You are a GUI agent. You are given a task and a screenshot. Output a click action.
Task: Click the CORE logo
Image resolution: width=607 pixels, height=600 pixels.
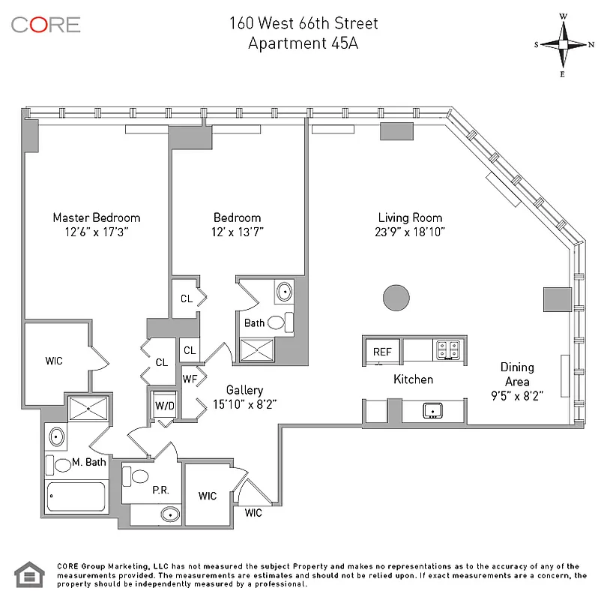(46, 24)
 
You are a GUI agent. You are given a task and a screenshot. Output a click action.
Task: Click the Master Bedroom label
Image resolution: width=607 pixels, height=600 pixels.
(96, 217)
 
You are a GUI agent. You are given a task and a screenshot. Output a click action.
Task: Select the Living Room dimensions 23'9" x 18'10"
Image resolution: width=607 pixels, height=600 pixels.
(411, 232)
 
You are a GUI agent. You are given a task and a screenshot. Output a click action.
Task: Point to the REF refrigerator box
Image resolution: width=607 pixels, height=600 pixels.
(381, 351)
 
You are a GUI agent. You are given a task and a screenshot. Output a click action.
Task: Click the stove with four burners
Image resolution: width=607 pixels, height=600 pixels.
(448, 349)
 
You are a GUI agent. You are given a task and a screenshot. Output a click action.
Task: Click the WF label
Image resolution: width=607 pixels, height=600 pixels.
(189, 378)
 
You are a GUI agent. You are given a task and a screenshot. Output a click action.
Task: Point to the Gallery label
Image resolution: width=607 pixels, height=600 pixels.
(244, 391)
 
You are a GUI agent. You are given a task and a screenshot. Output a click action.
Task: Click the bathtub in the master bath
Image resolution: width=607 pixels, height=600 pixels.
(76, 496)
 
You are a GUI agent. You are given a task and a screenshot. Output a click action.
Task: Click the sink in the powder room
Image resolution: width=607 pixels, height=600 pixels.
(170, 514)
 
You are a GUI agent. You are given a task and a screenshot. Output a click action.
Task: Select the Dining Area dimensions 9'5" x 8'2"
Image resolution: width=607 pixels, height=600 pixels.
(517, 395)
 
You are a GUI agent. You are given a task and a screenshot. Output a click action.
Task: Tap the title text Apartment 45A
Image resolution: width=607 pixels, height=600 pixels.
(303, 43)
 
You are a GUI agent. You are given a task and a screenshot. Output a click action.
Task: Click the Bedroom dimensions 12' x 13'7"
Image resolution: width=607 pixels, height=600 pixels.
(237, 232)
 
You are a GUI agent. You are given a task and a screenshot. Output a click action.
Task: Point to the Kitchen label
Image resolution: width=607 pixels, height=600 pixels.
(413, 379)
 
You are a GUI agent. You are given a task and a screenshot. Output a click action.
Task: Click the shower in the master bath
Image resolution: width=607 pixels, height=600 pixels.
(88, 409)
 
